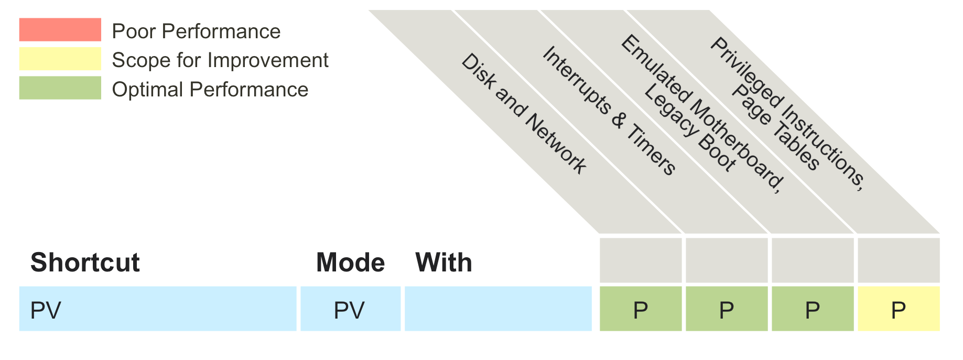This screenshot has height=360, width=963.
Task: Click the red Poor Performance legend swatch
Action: point(60,30)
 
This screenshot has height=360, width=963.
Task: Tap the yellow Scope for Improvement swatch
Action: point(60,59)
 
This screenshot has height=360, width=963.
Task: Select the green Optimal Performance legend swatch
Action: point(60,88)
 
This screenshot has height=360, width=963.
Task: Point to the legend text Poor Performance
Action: point(196,31)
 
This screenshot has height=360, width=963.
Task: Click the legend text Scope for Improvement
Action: point(220,60)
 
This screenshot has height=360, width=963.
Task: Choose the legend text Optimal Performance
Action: point(210,90)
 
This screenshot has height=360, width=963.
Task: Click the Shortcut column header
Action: point(85,263)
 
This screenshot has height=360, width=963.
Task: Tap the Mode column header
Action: point(350,263)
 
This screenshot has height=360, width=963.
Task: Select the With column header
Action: point(443,263)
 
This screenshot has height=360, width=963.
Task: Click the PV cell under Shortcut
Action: point(157,309)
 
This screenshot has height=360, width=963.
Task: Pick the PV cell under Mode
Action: point(350,309)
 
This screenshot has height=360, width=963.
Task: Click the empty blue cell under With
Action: point(498,309)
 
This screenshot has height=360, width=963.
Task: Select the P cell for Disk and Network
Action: point(641,309)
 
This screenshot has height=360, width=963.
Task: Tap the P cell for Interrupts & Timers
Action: point(727,309)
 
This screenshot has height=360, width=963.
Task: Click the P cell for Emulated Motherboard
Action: point(813,309)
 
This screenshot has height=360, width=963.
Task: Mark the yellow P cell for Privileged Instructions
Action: point(899,309)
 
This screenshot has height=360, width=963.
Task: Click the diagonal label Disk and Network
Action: point(524,114)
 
